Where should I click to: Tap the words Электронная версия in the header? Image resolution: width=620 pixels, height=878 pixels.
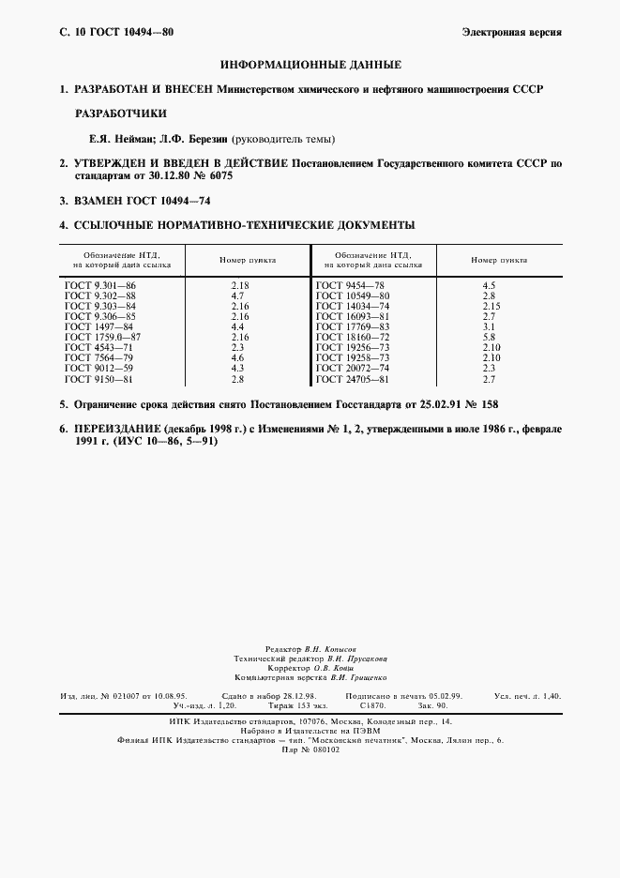point(512,32)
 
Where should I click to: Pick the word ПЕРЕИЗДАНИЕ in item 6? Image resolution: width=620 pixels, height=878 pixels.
point(117,428)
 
